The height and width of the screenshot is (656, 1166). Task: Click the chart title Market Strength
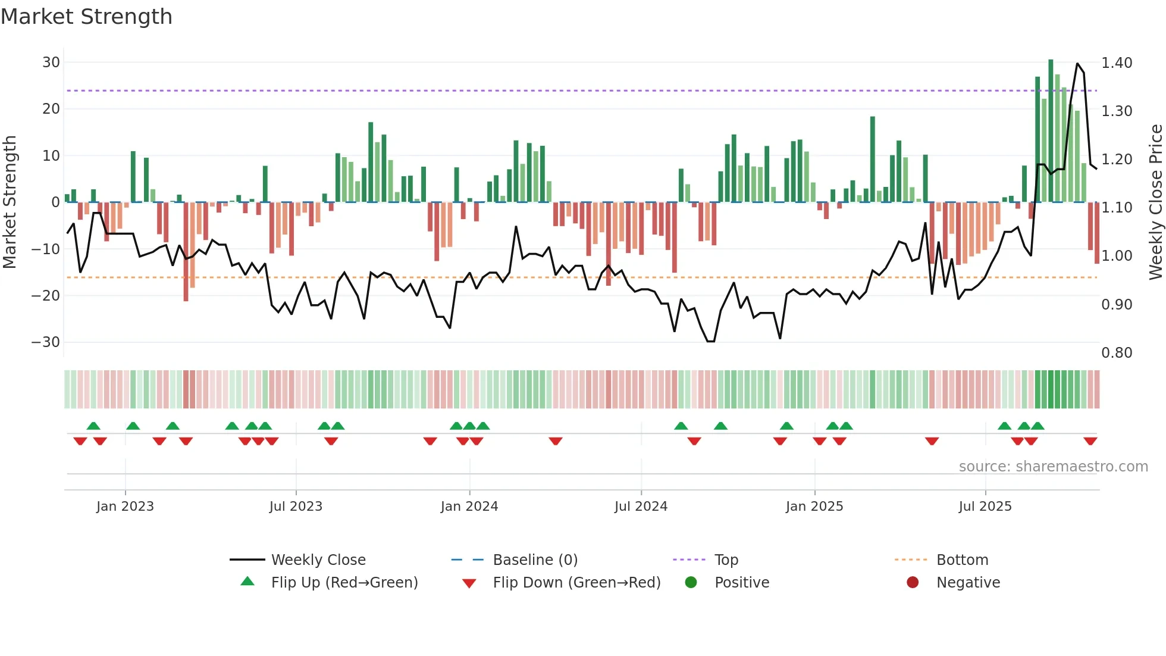click(x=86, y=17)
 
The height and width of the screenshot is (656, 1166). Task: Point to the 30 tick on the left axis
click(x=51, y=63)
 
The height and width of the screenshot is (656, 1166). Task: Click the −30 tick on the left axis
click(x=46, y=342)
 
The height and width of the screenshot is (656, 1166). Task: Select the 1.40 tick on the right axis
click(x=1117, y=63)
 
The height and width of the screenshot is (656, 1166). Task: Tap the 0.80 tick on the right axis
click(x=1117, y=353)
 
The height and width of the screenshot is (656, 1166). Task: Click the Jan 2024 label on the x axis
click(x=469, y=507)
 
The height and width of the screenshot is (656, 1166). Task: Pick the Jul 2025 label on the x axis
click(x=985, y=507)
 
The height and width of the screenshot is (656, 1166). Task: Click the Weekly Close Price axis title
click(x=1155, y=202)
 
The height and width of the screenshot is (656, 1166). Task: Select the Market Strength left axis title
click(x=10, y=202)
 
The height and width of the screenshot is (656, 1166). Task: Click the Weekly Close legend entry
click(x=318, y=560)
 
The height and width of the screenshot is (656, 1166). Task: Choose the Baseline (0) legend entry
click(x=535, y=560)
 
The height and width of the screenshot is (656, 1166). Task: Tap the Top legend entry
click(x=726, y=560)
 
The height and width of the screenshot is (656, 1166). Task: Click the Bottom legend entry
click(x=962, y=560)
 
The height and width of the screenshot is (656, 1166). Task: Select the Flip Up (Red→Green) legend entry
click(x=344, y=583)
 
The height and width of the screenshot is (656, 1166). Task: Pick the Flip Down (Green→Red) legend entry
click(x=576, y=583)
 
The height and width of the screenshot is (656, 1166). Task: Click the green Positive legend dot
click(x=691, y=582)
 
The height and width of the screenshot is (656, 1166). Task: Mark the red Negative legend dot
click(x=913, y=582)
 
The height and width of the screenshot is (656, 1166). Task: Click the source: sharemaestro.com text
click(x=1053, y=467)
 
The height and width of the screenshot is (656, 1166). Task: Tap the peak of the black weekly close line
click(x=1077, y=64)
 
